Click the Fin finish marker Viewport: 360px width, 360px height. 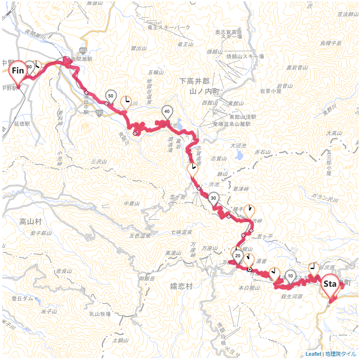pos(18,72)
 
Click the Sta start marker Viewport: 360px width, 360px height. pos(331,285)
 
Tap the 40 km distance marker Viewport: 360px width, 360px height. pos(167,112)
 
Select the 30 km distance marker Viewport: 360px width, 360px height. pos(214,198)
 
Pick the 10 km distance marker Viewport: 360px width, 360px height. pos(290,276)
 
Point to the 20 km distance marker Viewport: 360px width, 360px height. pos(238,256)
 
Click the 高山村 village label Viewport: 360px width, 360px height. pos(31,220)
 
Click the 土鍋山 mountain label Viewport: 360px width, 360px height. pos(120,341)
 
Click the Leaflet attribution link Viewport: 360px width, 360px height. pos(314,354)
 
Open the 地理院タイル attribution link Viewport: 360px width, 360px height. pos(341,354)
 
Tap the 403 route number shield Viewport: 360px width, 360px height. pos(83,49)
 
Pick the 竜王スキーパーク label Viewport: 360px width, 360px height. pos(169,28)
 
